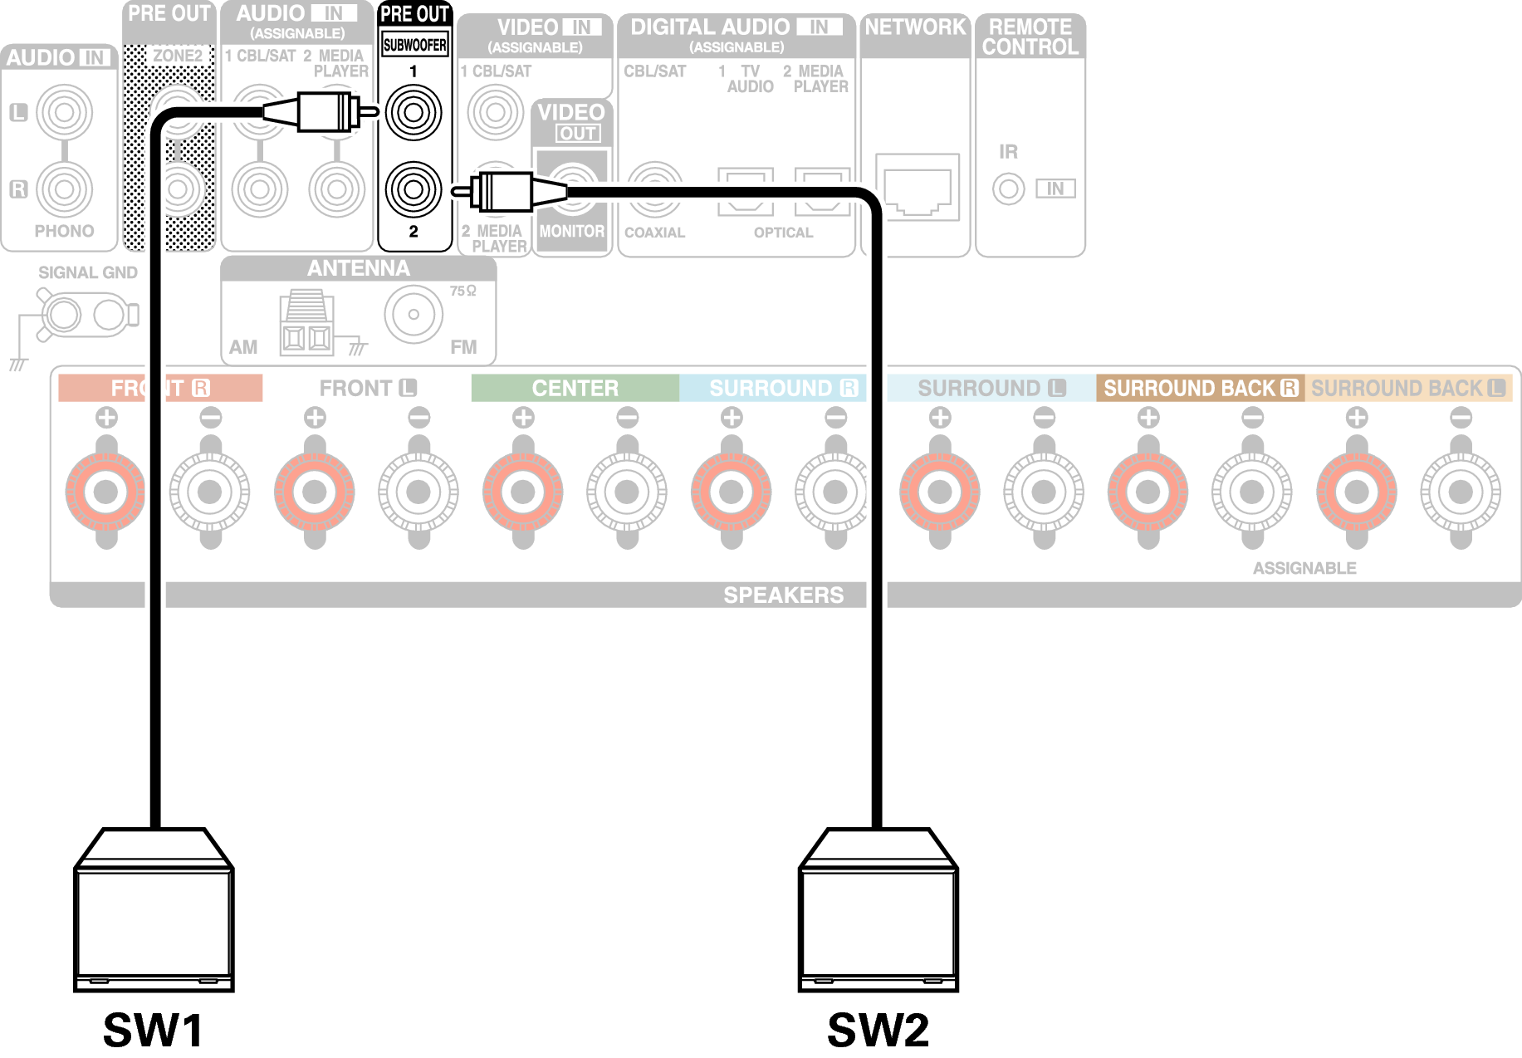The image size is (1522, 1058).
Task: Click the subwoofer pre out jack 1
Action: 414,112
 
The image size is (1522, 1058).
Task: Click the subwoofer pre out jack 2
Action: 414,189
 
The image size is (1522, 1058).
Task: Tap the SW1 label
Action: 154,1030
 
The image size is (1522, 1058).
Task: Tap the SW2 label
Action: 878,1030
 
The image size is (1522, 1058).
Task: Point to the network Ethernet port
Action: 918,188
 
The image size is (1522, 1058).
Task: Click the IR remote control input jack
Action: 1008,189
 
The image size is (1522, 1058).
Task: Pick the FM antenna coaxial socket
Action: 414,315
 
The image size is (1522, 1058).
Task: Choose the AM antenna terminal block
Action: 306,324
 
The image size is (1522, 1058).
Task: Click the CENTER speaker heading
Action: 575,388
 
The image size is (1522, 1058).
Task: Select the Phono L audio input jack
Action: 64,112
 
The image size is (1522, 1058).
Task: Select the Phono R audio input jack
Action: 64,189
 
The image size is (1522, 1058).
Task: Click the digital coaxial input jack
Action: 655,189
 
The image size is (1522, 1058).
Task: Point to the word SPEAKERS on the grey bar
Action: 783,595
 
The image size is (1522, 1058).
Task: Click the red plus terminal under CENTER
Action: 522,492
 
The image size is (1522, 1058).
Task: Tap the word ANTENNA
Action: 359,268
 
